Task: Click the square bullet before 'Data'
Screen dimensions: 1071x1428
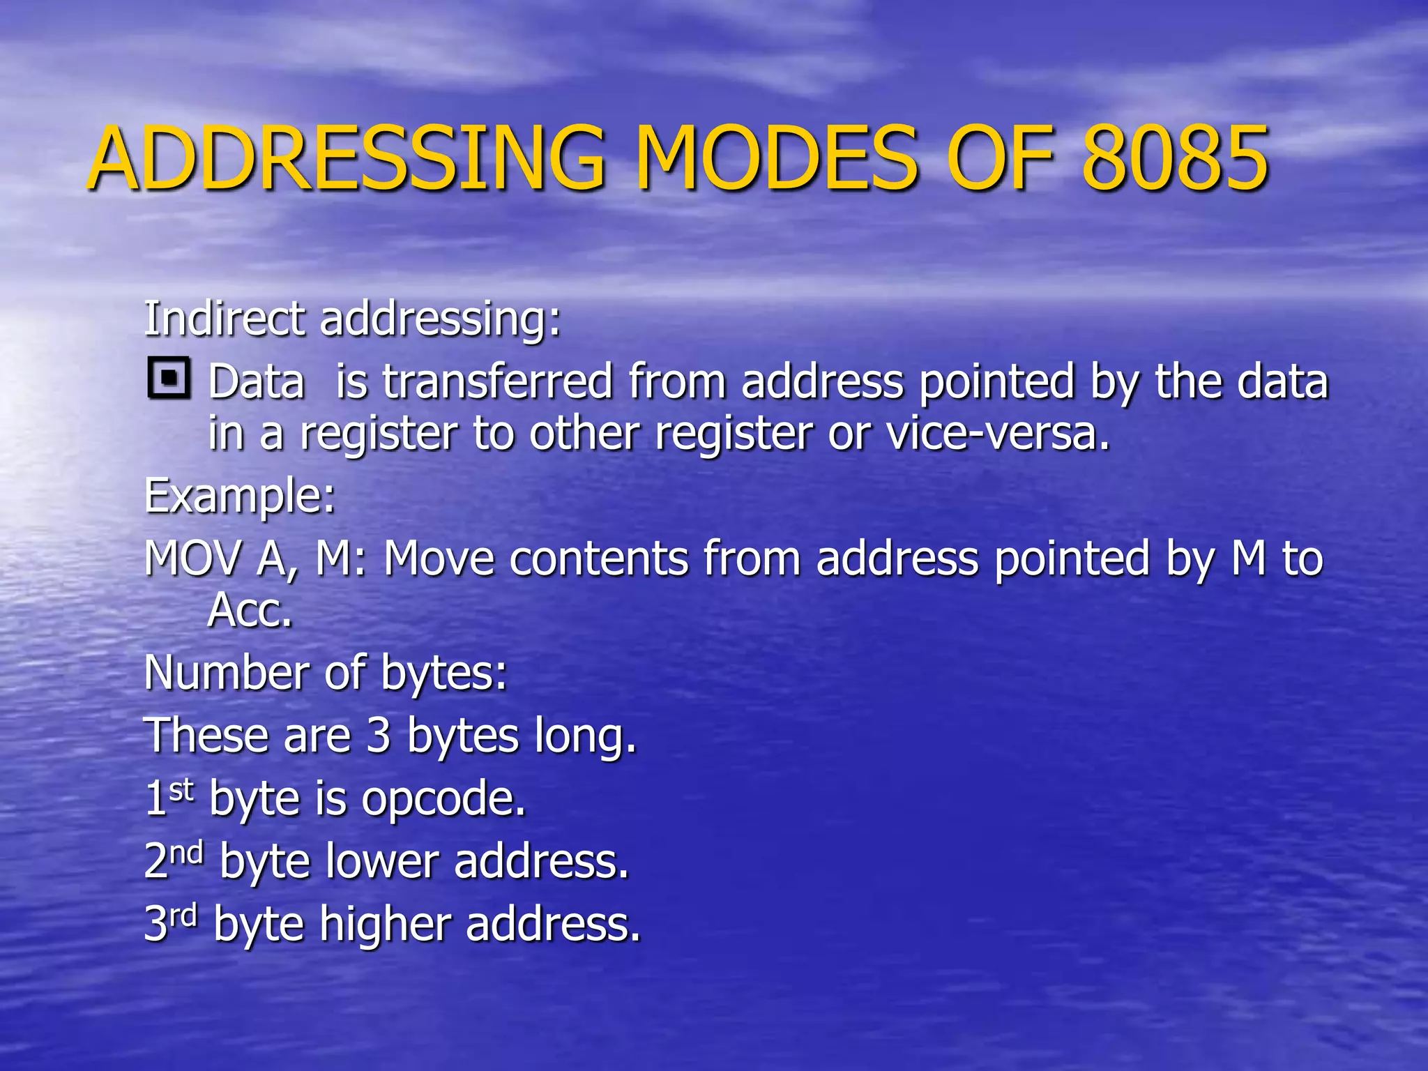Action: [169, 379]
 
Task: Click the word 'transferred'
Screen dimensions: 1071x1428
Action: [497, 382]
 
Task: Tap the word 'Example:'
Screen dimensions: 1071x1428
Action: [240, 496]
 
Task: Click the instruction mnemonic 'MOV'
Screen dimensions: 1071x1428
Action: [193, 559]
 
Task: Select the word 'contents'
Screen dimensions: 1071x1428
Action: [599, 559]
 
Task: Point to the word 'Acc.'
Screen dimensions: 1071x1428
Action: [250, 611]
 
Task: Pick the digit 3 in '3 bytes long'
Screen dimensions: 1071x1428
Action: [379, 736]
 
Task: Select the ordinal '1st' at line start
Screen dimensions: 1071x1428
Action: [168, 797]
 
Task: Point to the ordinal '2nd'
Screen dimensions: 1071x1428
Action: [174, 859]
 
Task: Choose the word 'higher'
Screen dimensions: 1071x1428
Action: [385, 924]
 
